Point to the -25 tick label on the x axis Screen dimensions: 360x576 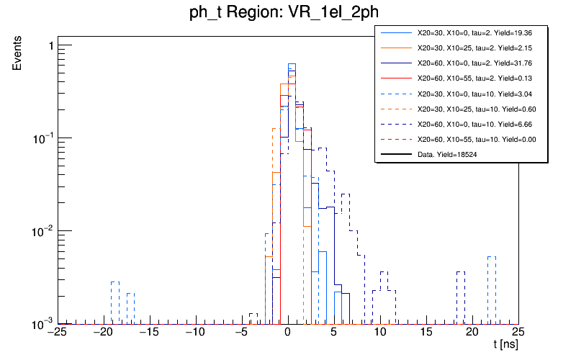57,333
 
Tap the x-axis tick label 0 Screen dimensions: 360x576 287,333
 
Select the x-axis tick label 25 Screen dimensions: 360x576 518,333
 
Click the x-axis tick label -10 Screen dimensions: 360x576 195,333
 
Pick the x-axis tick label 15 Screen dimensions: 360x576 426,333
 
